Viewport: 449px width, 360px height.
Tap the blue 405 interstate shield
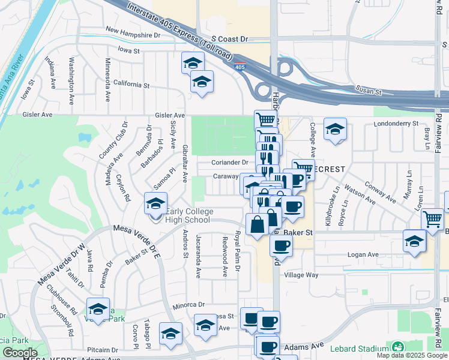pyautogui.click(x=240, y=67)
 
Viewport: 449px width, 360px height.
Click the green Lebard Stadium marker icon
pyautogui.click(x=397, y=348)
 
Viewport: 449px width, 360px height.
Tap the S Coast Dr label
pyautogui.click(x=224, y=38)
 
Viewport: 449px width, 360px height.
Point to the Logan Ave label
pyautogui.click(x=364, y=254)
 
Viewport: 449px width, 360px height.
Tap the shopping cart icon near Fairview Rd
pyautogui.click(x=432, y=220)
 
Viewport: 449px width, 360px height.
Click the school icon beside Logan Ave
pyautogui.click(x=414, y=241)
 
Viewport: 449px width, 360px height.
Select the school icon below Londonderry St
pyautogui.click(x=335, y=129)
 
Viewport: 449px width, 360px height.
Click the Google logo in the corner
pyautogui.click(x=20, y=353)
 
